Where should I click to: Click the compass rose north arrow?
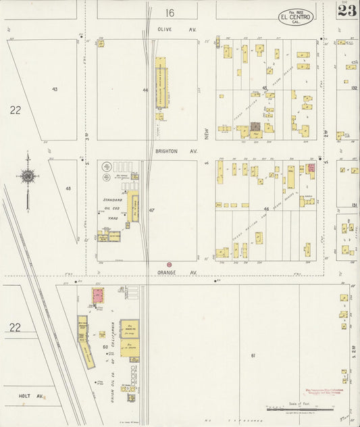(x=27, y=176)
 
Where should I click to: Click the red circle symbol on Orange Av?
(x=169, y=264)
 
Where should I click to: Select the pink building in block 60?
(x=97, y=295)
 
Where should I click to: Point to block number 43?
(x=54, y=89)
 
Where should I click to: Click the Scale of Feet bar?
(x=297, y=409)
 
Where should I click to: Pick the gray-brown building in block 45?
(x=256, y=126)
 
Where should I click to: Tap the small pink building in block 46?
(x=311, y=167)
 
